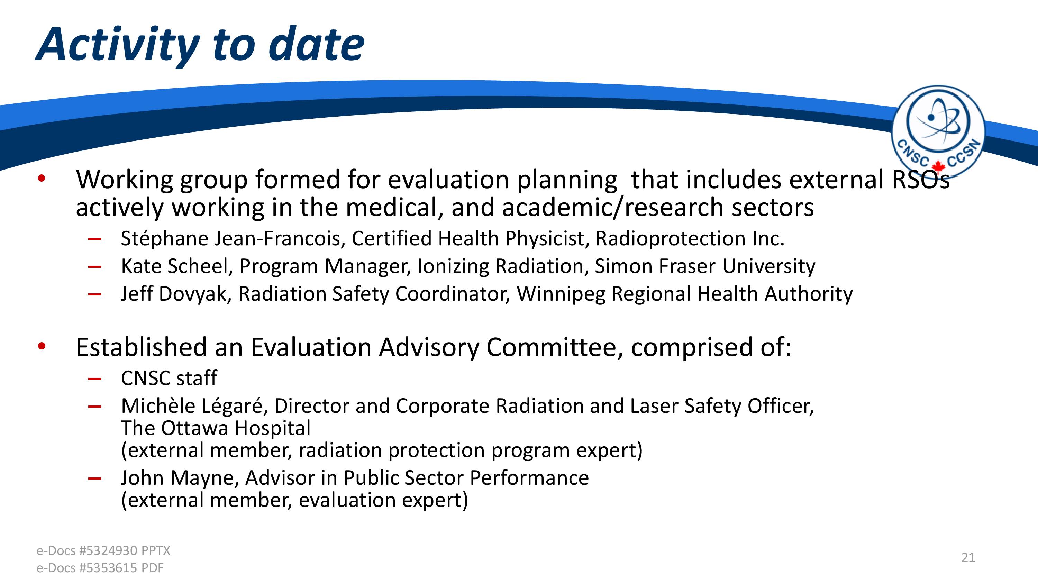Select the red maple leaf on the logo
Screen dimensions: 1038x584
tap(938, 166)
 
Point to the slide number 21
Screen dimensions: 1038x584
tap(968, 557)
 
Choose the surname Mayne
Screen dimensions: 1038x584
tap(205, 478)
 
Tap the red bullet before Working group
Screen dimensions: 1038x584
tap(42, 178)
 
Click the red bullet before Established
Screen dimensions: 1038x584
tap(42, 346)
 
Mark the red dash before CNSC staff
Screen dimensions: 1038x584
tap(94, 378)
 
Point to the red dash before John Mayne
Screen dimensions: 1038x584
tap(94, 478)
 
